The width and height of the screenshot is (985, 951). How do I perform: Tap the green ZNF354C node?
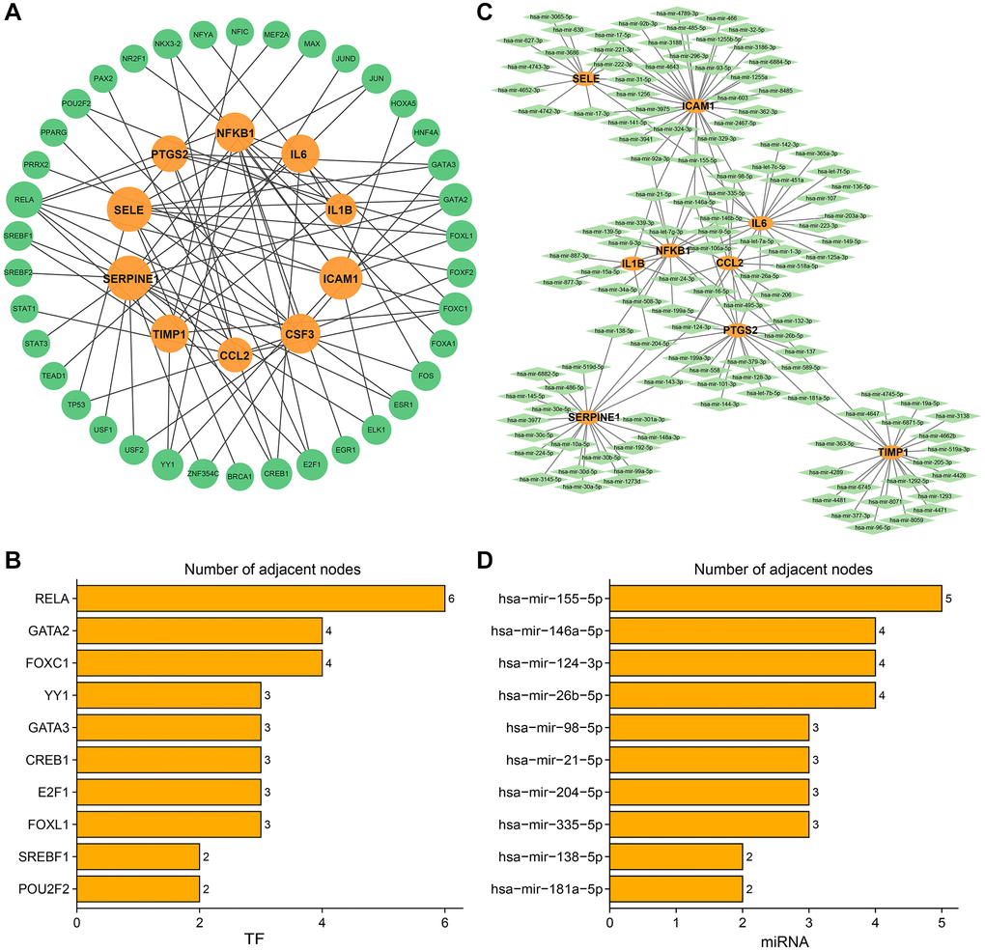click(203, 474)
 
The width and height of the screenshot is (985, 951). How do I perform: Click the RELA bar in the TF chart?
click(260, 599)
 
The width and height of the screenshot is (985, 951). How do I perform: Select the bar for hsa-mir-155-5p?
click(775, 599)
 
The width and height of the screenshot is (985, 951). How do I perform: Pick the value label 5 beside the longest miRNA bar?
click(949, 599)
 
